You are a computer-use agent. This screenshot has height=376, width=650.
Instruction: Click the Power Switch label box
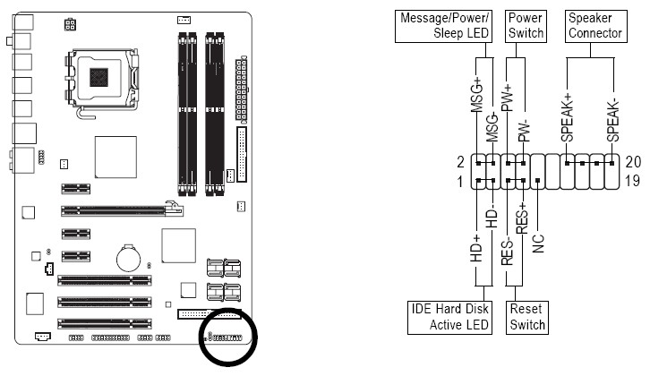click(526, 25)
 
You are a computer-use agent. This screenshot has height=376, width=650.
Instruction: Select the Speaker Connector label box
click(595, 25)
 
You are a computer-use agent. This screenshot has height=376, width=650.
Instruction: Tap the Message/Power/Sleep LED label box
click(445, 25)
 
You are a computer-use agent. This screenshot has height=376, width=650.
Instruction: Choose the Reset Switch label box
click(527, 316)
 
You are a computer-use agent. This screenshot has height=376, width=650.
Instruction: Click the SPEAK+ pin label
click(567, 120)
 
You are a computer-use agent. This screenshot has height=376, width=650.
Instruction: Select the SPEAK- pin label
click(612, 120)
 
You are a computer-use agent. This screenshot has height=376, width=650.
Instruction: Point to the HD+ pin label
click(475, 248)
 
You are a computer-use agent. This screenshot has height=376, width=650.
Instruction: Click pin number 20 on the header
click(633, 162)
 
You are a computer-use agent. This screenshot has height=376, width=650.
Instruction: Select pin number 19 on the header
click(633, 182)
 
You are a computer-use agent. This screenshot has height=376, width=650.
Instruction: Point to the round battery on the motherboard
click(129, 258)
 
